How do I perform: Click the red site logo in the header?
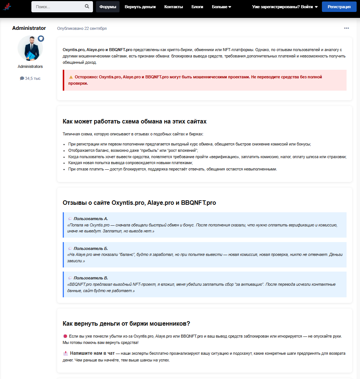[7, 7]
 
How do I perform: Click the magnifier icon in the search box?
[87, 6]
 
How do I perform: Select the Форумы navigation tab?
[108, 7]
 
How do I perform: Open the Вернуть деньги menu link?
[140, 7]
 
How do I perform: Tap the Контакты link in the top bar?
[174, 7]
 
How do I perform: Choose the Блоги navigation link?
[197, 7]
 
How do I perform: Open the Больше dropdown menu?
[221, 7]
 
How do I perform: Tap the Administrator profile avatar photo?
[30, 48]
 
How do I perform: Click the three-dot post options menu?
[347, 28]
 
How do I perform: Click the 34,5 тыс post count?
[30, 78]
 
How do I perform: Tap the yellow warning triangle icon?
[71, 77]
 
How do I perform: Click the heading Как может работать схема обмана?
[134, 122]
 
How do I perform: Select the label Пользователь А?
[91, 219]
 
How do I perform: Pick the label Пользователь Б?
[91, 248]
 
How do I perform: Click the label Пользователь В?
[91, 278]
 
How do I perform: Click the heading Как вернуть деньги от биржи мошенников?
[127, 323]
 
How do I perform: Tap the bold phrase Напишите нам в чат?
[92, 353]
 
